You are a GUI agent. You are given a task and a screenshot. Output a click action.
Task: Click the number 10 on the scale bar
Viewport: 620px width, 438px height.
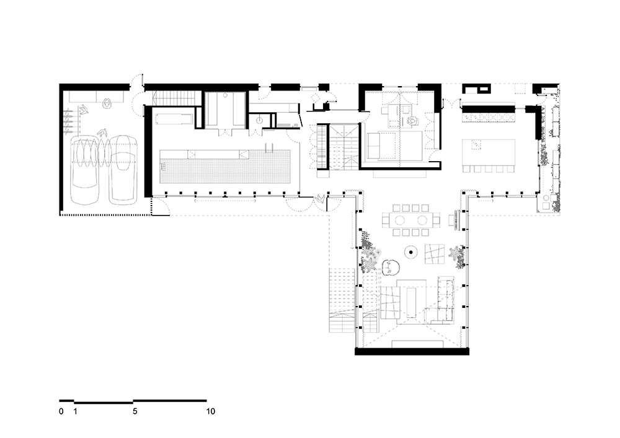210,411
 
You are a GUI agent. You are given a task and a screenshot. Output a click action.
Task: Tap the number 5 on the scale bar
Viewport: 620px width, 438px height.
135,411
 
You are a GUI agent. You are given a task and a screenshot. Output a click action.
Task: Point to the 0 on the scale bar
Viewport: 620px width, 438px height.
61,411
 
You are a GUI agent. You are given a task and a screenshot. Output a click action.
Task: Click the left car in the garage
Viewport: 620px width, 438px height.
84,170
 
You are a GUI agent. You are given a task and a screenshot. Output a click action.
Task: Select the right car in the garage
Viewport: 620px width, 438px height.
123,170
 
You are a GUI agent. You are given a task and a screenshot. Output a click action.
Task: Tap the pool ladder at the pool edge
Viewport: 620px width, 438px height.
270,147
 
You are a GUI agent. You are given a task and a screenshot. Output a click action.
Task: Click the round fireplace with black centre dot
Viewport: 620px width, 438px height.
411,252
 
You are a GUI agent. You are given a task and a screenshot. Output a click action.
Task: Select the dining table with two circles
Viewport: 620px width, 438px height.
411,220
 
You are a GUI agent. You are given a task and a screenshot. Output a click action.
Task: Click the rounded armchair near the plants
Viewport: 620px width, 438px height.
391,268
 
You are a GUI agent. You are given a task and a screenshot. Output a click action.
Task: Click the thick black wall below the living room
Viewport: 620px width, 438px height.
412,351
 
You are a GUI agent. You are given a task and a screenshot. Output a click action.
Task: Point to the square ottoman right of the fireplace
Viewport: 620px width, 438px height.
435,254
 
